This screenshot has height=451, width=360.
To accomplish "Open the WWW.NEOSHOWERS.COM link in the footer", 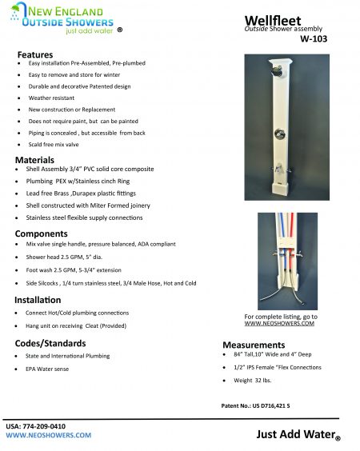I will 49,436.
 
